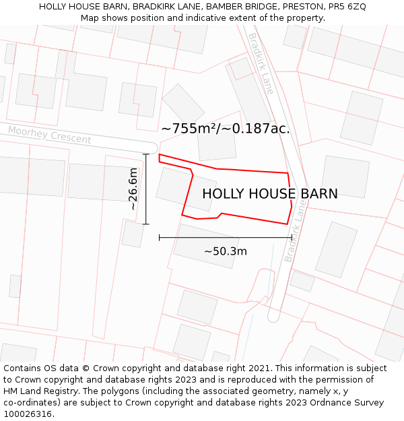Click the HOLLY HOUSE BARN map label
269,194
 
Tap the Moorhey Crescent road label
50,135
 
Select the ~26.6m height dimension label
133,189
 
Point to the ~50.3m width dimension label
225,252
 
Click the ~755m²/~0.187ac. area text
225,129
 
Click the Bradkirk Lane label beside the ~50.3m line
296,232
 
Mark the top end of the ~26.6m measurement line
146,154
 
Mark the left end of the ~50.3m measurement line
160,237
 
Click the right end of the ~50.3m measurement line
292,237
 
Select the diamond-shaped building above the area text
183,105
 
